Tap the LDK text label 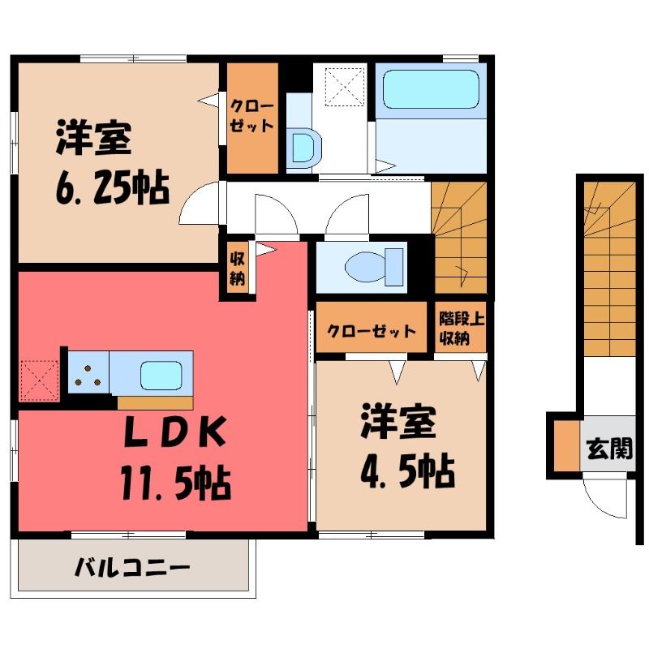tap(175, 432)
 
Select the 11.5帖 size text tap(175, 482)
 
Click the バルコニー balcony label tap(132, 567)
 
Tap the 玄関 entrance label tap(610, 449)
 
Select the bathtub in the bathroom tap(431, 88)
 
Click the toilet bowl tap(368, 267)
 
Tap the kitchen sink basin tap(161, 375)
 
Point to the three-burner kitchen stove tap(88, 372)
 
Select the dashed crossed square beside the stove tap(39, 380)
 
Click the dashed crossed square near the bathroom tap(344, 86)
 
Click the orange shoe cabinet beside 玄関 tap(566, 445)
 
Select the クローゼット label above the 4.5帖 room tap(371, 331)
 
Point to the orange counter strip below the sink tap(155, 402)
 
